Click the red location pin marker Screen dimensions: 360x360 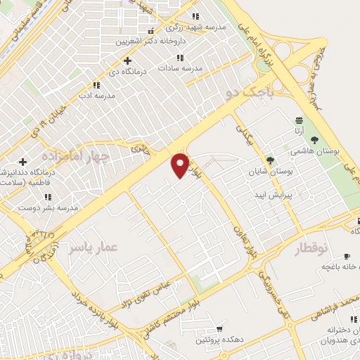pyautogui.click(x=181, y=165)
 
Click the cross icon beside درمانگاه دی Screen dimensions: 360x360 pyautogui.click(x=127, y=60)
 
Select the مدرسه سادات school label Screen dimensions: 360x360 pyautogui.click(x=180, y=67)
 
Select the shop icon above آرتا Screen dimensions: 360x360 pyautogui.click(x=300, y=120)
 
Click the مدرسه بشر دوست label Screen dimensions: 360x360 pyautogui.click(x=56, y=209)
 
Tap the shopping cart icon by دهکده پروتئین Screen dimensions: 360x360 pyautogui.click(x=219, y=328)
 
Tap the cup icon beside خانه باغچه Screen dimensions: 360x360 pyautogui.click(x=346, y=256)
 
